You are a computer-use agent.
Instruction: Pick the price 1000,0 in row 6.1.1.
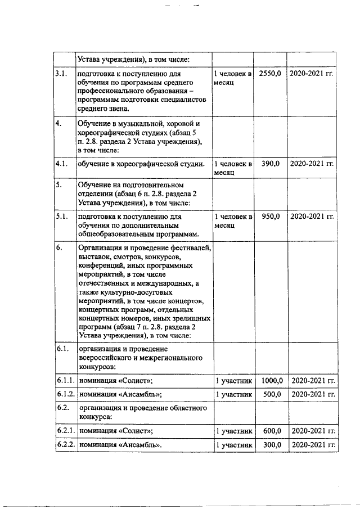pyautogui.click(x=271, y=381)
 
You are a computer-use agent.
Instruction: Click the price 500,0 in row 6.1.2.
pyautogui.click(x=272, y=394)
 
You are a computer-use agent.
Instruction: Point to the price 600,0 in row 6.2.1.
pyautogui.click(x=272, y=431)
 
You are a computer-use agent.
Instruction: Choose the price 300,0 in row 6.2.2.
pyautogui.click(x=272, y=445)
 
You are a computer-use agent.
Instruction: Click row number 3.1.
pyautogui.click(x=61, y=74)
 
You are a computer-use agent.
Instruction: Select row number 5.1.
pyautogui.click(x=61, y=217)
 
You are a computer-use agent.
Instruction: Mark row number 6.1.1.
pyautogui.click(x=65, y=381)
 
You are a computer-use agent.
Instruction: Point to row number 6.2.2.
pyautogui.click(x=65, y=445)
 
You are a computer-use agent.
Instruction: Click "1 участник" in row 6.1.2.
pyautogui.click(x=233, y=394)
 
